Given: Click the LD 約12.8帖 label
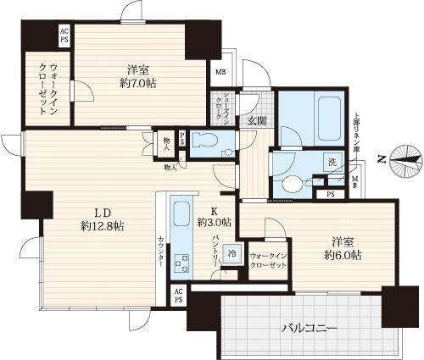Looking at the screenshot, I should pyautogui.click(x=103, y=219).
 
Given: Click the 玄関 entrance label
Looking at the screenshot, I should pyautogui.click(x=256, y=121).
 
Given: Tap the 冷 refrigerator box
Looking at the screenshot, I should pyautogui.click(x=232, y=252).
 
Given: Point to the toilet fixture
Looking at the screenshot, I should pyautogui.click(x=206, y=142).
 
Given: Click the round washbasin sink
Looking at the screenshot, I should pyautogui.click(x=291, y=184).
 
